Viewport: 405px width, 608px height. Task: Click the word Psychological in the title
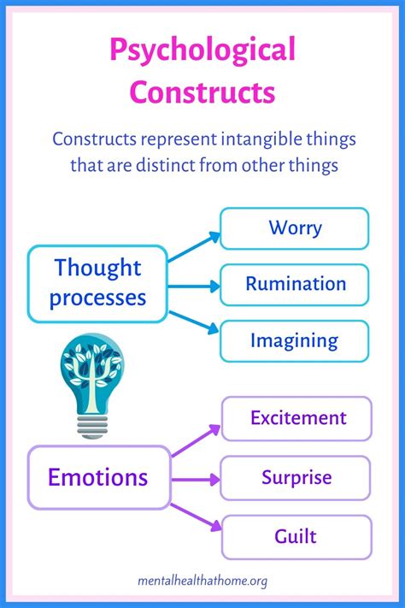click(x=202, y=50)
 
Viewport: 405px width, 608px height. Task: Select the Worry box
click(x=295, y=228)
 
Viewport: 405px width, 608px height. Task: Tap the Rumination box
click(x=295, y=284)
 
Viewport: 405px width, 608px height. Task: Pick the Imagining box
click(x=295, y=340)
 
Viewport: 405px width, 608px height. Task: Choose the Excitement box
click(x=297, y=418)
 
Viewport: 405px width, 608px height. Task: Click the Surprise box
click(x=297, y=477)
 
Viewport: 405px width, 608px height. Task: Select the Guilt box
click(x=297, y=537)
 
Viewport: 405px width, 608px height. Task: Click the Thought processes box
click(x=97, y=283)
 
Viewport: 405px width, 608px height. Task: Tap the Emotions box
click(x=98, y=477)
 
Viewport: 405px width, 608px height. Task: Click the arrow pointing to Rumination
click(x=194, y=284)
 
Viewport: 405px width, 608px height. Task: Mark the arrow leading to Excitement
click(x=196, y=439)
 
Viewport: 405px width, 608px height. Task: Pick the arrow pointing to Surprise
click(x=196, y=477)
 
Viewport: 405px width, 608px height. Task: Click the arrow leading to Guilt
click(x=196, y=516)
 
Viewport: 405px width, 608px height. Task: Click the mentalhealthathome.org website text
click(x=202, y=581)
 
